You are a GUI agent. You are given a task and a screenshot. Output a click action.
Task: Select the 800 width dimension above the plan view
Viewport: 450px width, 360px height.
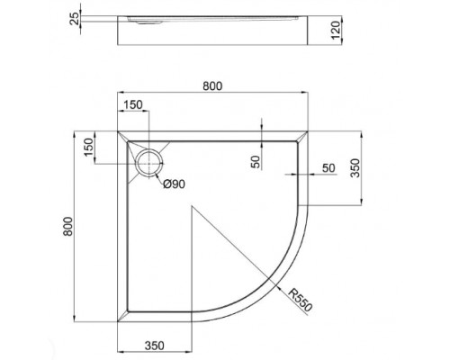point(212,86)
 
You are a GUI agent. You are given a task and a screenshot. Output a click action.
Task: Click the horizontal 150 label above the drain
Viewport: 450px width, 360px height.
point(131,105)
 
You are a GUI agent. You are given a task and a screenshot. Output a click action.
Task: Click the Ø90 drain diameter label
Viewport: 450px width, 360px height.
point(175,184)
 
